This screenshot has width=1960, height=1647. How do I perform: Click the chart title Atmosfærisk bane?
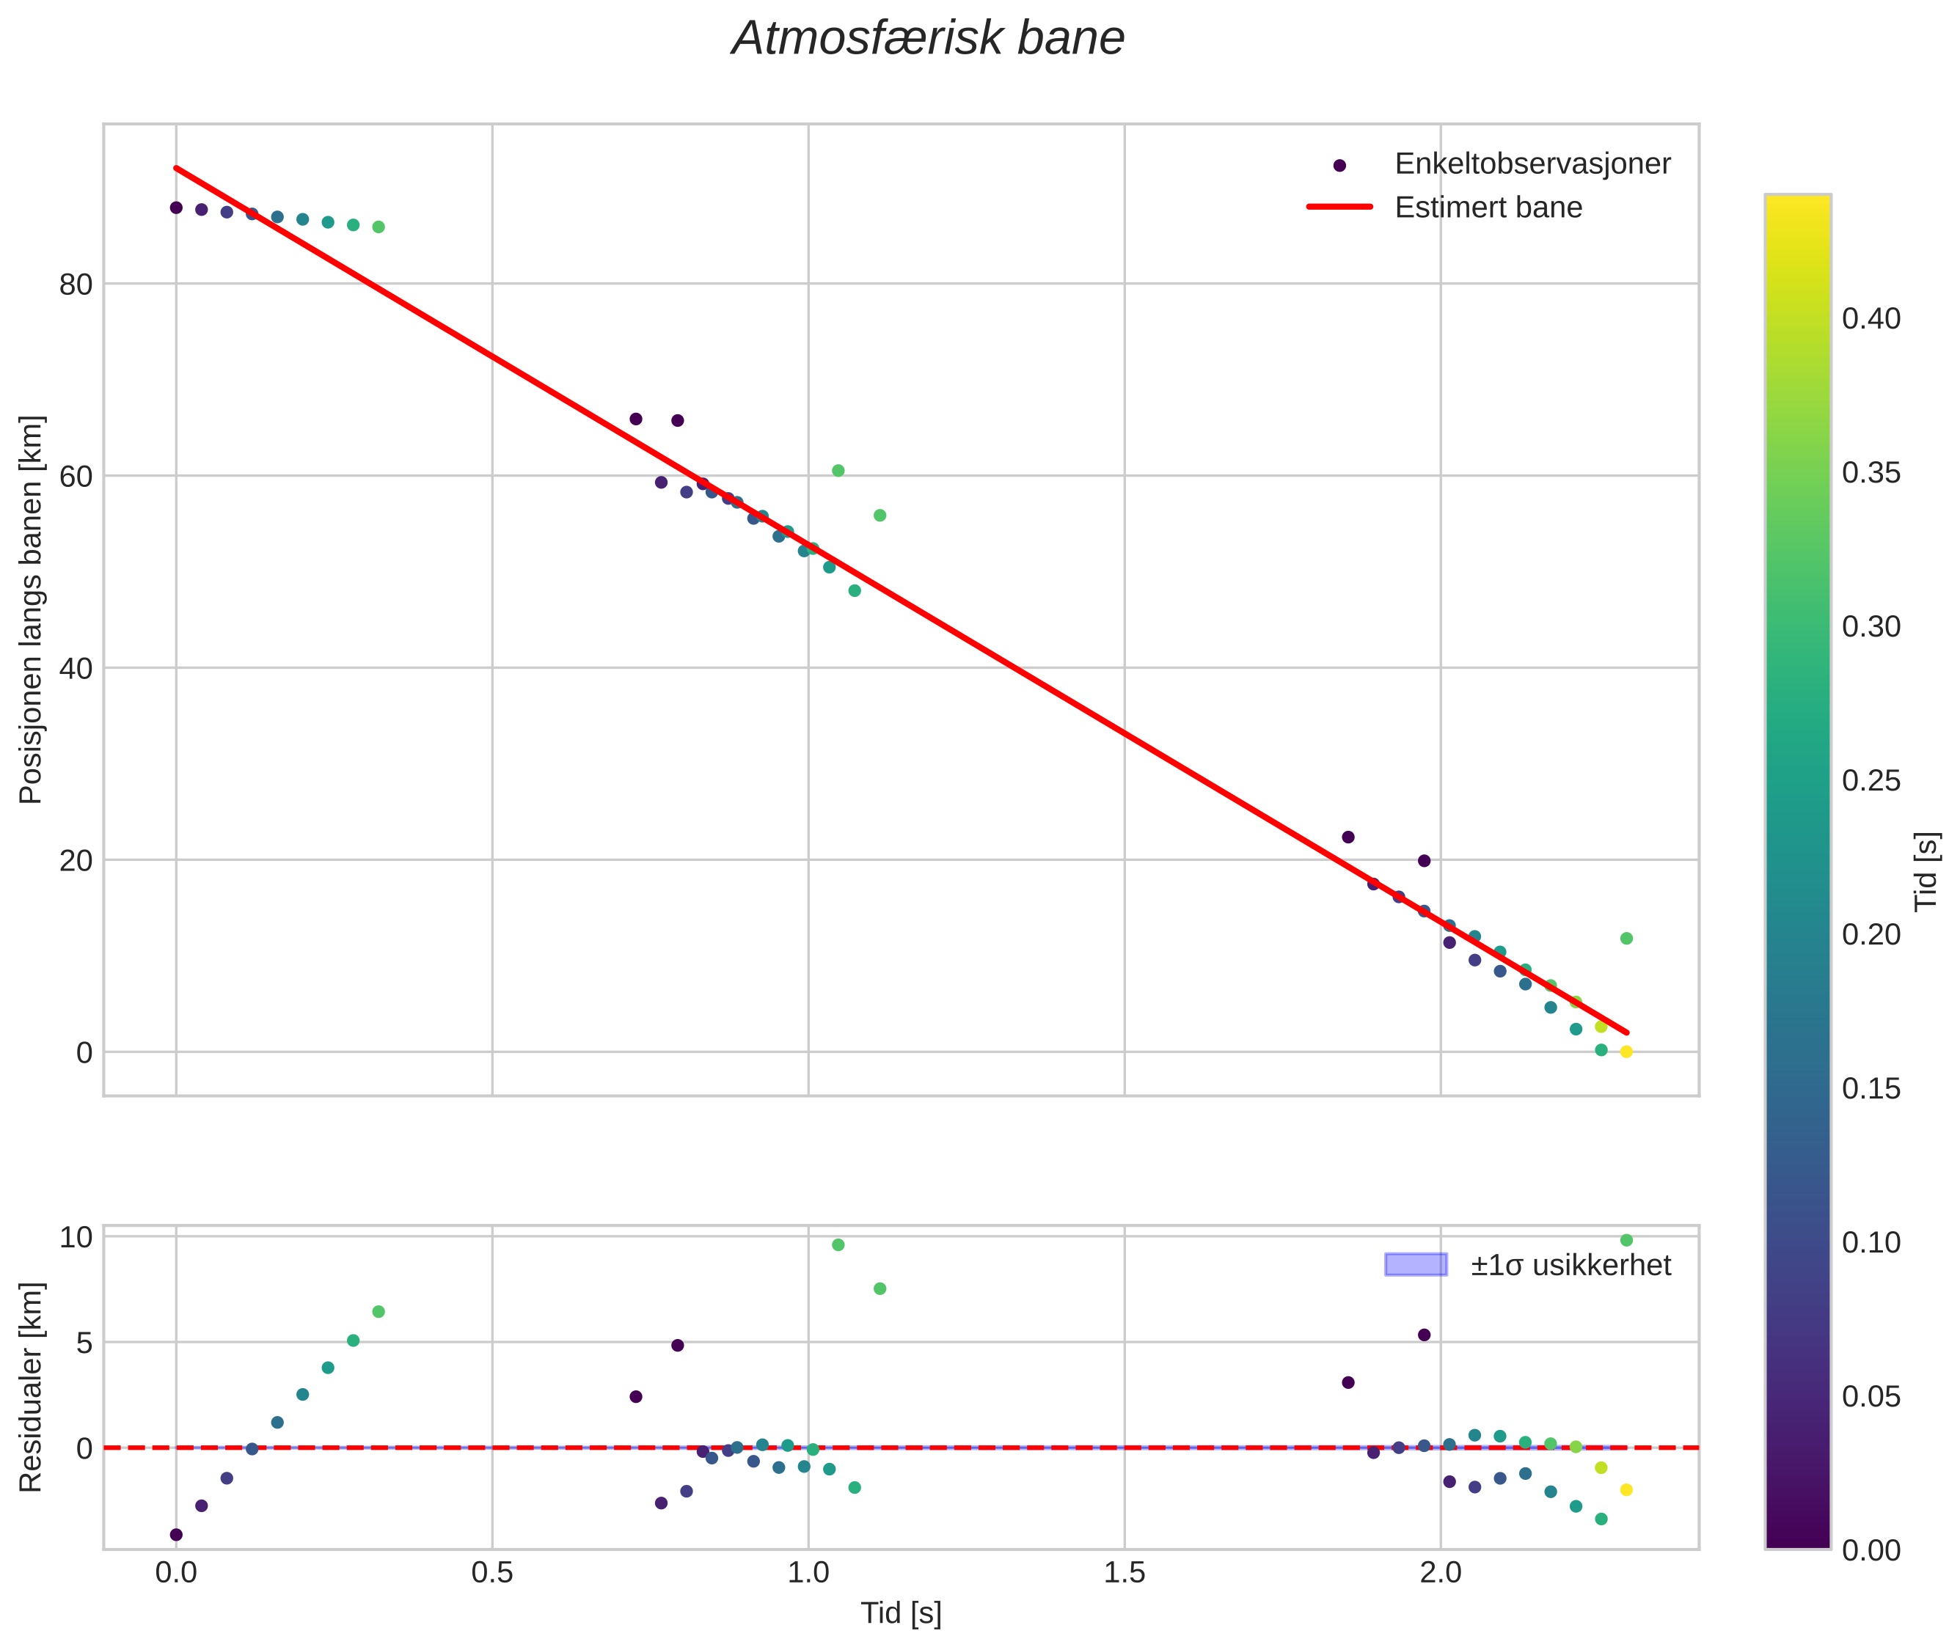point(928,39)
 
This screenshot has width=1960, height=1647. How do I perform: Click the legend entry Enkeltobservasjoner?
point(1532,164)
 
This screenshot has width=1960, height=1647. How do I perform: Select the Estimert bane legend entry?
point(1488,208)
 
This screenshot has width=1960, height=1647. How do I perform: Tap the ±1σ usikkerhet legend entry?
point(1570,1265)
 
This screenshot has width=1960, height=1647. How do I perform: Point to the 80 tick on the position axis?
point(76,285)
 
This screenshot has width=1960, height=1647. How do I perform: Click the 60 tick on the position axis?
point(76,476)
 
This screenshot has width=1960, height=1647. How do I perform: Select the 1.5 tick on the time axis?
point(1125,1572)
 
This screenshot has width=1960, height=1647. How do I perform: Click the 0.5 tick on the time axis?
point(492,1572)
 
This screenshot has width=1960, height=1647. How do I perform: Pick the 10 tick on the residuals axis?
point(76,1238)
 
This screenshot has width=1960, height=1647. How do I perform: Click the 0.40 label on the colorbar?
point(1871,319)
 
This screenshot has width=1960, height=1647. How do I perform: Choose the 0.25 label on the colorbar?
point(1871,780)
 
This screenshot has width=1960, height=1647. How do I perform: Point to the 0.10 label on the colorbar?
point(1871,1243)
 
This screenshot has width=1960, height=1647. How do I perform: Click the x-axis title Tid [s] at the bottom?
point(900,1613)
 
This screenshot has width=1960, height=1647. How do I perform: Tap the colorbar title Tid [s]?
point(1926,871)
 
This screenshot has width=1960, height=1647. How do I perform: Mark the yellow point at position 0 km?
point(1626,1052)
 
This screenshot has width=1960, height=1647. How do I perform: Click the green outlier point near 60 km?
point(838,471)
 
